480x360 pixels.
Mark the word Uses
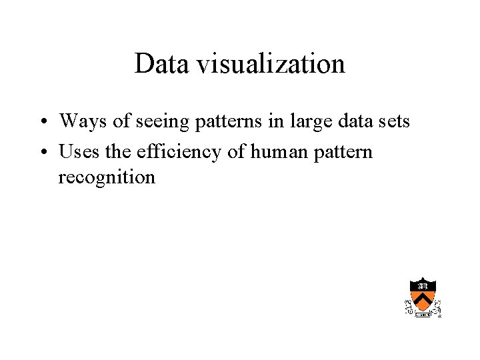click(77, 152)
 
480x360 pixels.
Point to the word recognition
click(107, 178)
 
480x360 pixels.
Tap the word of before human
click(237, 152)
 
